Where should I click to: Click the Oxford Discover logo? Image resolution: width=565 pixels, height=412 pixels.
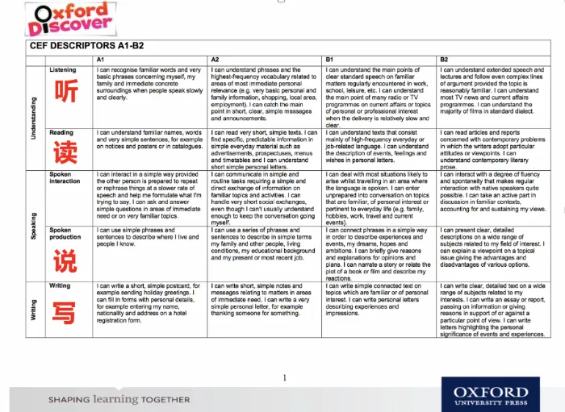click(69, 19)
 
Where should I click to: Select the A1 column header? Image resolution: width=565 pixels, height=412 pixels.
click(101, 60)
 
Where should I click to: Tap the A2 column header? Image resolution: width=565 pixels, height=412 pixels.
click(216, 60)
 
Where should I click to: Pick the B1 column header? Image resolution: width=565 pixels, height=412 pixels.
click(329, 60)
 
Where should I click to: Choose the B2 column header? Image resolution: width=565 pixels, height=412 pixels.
click(444, 60)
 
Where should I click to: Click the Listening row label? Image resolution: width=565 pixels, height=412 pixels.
click(63, 71)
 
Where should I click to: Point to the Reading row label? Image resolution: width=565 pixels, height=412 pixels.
click(61, 132)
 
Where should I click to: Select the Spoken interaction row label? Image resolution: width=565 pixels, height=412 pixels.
click(65, 177)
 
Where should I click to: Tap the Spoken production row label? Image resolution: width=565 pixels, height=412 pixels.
click(65, 234)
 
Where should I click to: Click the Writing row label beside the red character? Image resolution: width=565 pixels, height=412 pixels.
click(60, 285)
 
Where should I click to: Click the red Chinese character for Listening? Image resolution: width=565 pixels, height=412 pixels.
click(66, 94)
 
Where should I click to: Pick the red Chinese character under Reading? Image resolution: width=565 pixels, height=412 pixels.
click(66, 152)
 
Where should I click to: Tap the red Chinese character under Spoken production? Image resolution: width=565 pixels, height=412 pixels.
click(66, 260)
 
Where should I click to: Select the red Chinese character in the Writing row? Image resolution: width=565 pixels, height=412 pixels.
click(66, 310)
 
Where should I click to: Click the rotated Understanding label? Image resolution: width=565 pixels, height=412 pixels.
click(33, 118)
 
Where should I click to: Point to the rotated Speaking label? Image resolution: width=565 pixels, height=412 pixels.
click(33, 226)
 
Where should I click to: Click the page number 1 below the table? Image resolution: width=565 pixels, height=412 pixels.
click(284, 377)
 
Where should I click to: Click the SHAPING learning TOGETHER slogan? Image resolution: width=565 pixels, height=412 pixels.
click(119, 399)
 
